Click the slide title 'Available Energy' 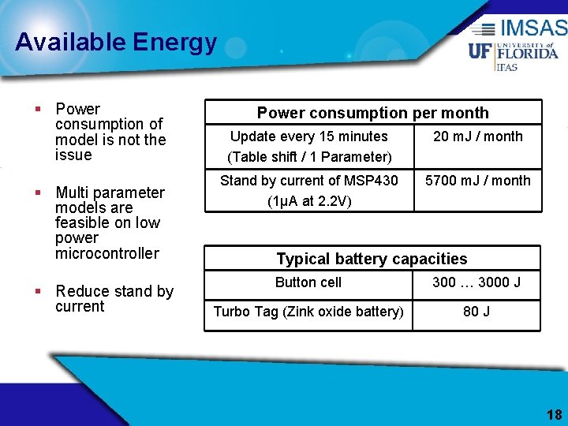tap(115, 42)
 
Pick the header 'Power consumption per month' tap(372, 113)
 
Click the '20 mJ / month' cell tap(478, 136)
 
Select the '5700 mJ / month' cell tap(478, 181)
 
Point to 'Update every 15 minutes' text tap(309, 136)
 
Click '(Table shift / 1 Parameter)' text tap(309, 157)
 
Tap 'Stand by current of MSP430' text tap(309, 181)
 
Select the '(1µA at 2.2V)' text tap(309, 201)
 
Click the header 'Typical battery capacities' tap(372, 259)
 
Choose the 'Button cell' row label tap(308, 282)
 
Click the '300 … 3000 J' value tap(476, 282)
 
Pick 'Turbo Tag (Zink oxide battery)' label tap(308, 312)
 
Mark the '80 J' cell tap(476, 312)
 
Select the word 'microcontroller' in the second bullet tap(107, 253)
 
